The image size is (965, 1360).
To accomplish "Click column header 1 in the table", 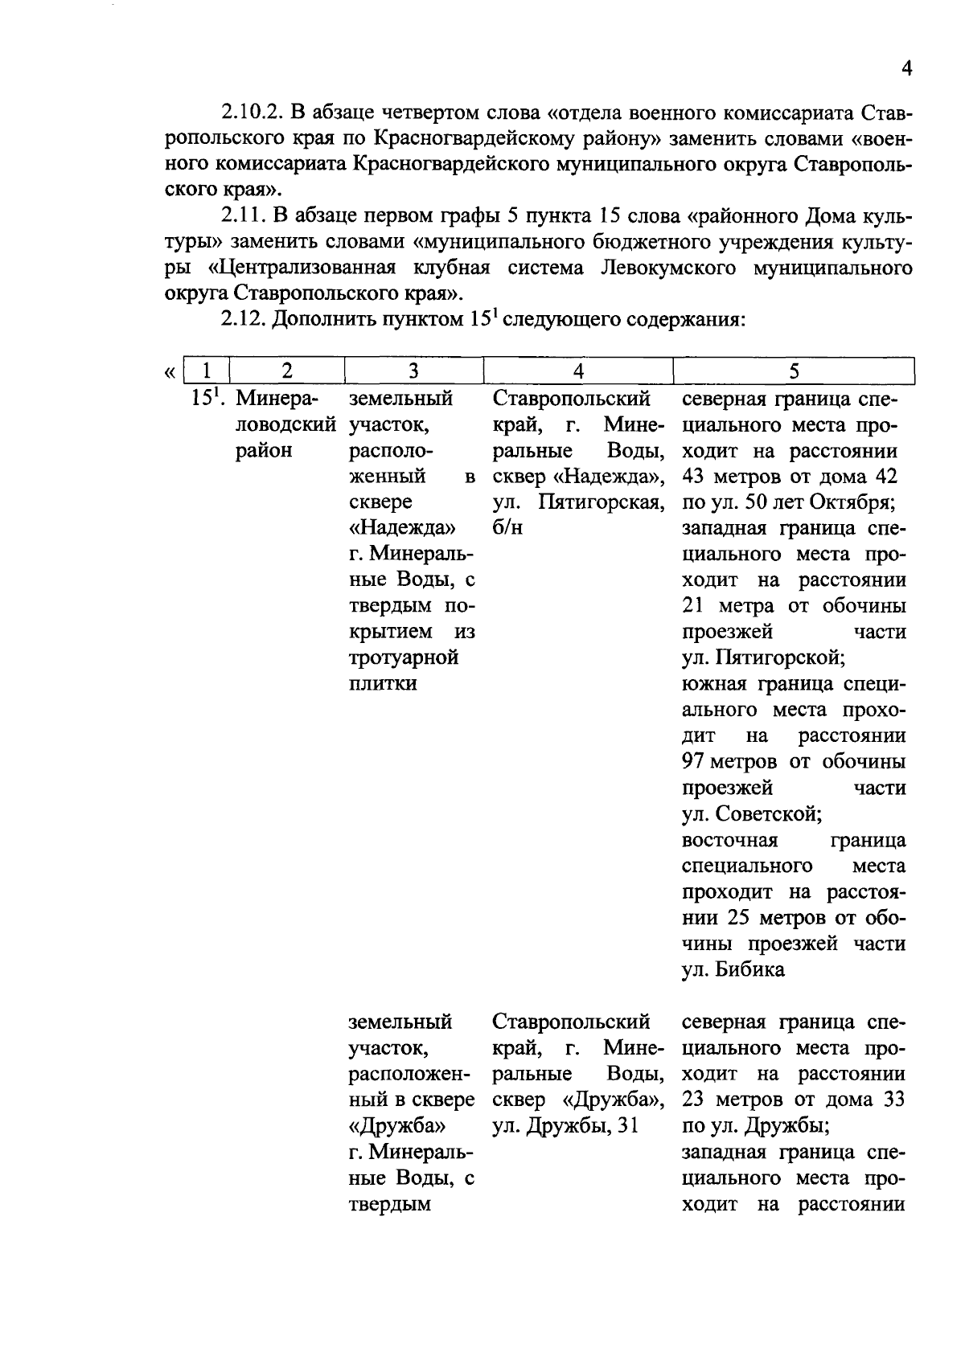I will (207, 371).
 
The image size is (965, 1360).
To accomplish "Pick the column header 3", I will (413, 371).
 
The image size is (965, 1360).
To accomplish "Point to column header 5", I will (794, 371).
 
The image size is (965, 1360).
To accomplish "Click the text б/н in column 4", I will (507, 528).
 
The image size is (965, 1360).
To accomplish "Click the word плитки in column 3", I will (383, 684).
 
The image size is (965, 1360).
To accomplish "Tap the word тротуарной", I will (404, 657).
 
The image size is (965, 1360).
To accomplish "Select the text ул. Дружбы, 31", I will (565, 1125).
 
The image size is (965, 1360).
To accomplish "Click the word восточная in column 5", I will (729, 840).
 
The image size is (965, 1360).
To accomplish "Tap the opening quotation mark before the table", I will (169, 372).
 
